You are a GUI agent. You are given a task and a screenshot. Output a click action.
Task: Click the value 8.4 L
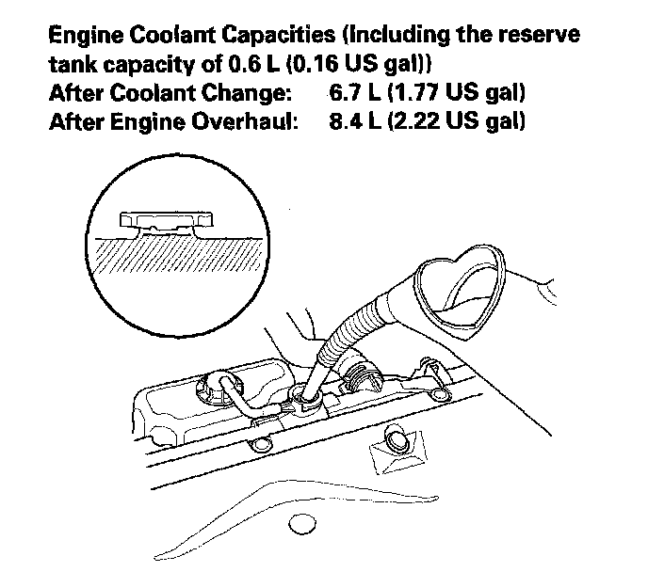pos(351,122)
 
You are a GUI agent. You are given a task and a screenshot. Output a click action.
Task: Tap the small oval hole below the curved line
pos(301,524)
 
